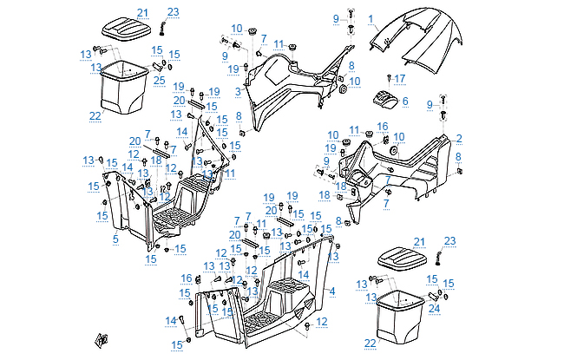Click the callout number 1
pos(371,18)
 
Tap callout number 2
pos(459,138)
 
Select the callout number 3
pos(237,90)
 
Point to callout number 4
pos(332,291)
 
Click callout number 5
pos(115,238)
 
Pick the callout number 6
pos(404,101)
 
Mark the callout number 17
pos(401,79)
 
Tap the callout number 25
pos(159,81)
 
